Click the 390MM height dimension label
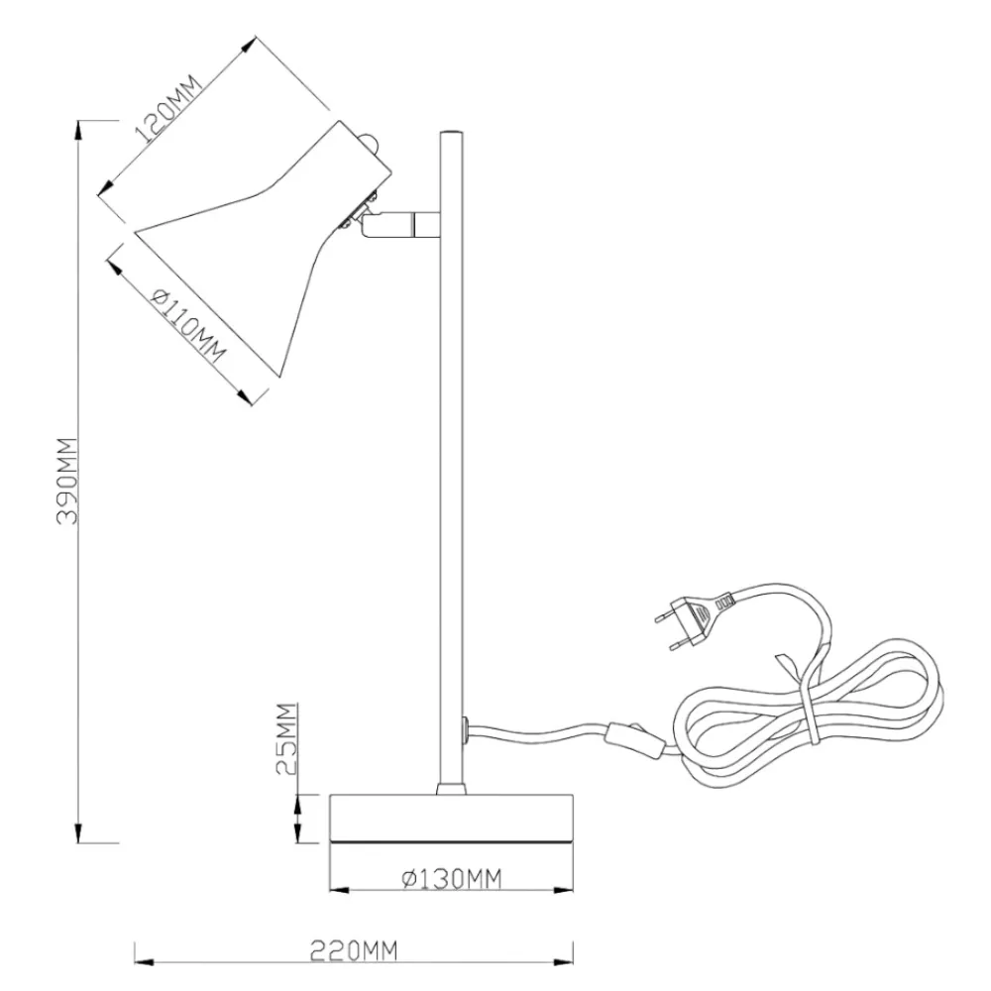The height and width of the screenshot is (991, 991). point(67,481)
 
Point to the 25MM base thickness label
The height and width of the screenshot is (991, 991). point(286,739)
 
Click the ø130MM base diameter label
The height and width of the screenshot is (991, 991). point(452,878)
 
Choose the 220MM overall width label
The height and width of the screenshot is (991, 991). point(354,950)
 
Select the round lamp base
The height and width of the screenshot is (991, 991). point(451,819)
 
